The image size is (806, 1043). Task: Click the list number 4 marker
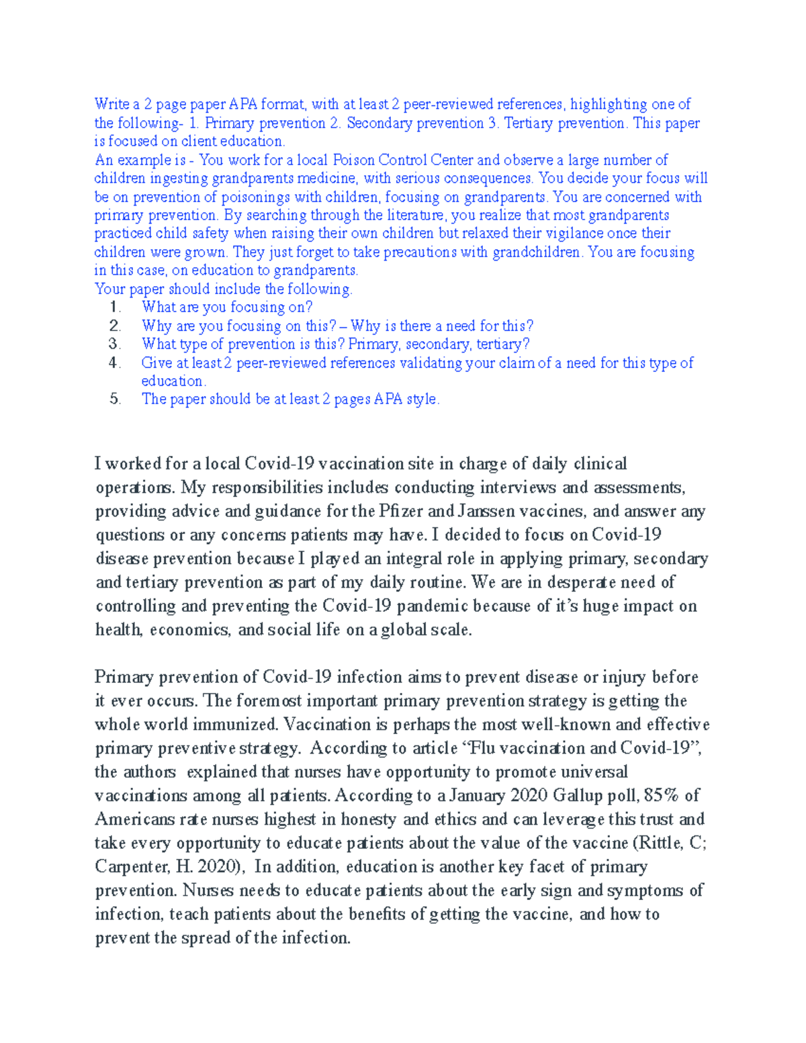(115, 363)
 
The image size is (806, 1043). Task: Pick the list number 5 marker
(115, 399)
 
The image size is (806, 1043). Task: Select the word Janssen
(488, 511)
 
